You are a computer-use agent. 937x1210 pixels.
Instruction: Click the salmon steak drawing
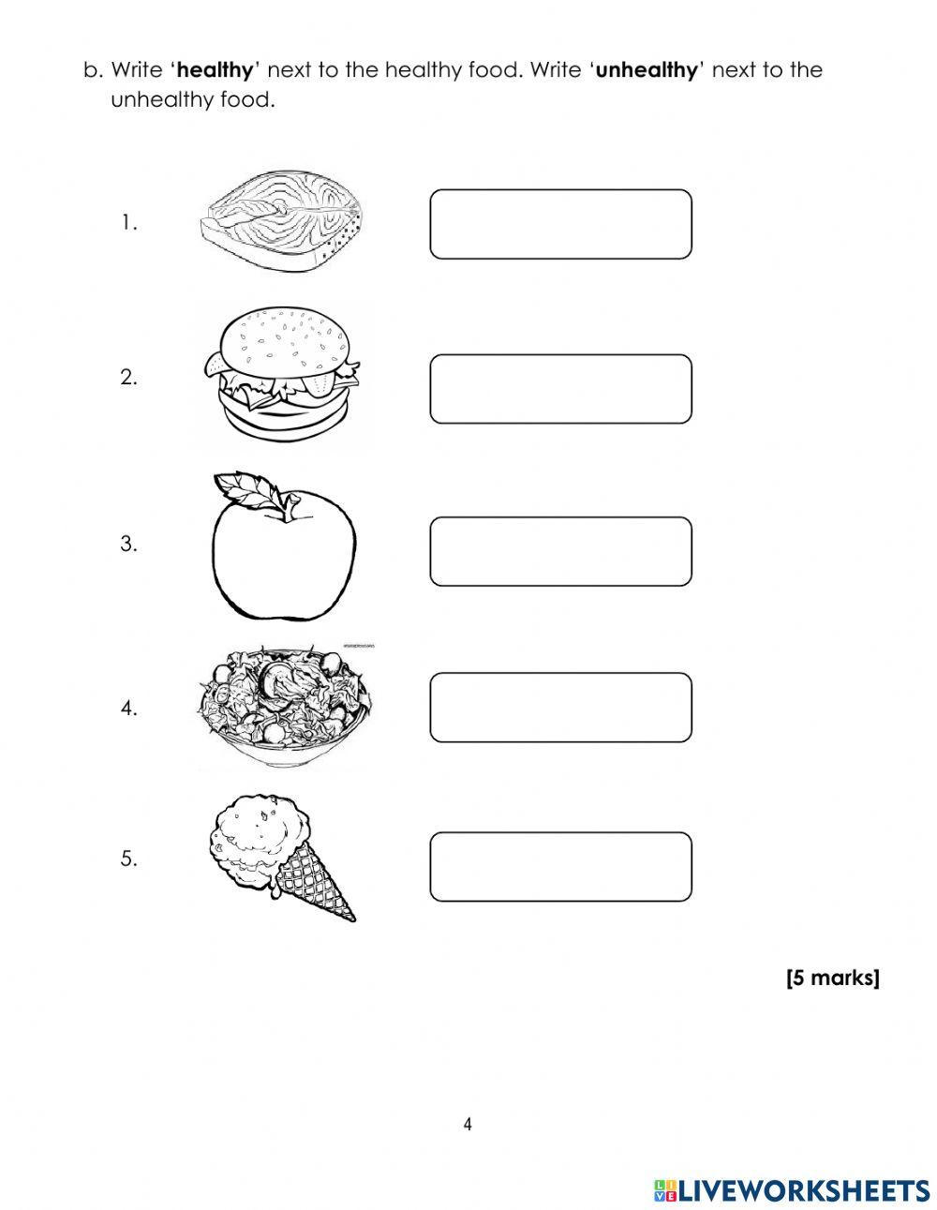[282, 224]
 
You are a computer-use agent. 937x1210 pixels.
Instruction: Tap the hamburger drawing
[283, 375]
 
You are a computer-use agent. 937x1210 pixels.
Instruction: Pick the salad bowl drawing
[284, 708]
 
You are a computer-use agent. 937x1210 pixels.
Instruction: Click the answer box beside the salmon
[560, 224]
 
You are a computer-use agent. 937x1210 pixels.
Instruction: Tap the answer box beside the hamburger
[560, 388]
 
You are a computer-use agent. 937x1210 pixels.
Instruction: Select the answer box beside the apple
[560, 551]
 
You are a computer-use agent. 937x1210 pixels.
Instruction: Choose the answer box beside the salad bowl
[560, 707]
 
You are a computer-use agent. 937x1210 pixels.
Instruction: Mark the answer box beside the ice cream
[560, 867]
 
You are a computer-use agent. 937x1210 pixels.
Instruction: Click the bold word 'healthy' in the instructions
[215, 70]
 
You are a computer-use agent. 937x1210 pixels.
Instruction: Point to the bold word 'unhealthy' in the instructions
[647, 70]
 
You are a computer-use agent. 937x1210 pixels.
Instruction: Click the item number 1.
[128, 223]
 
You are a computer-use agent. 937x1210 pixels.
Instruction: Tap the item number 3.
[128, 544]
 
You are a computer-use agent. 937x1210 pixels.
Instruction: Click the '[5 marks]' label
[832, 978]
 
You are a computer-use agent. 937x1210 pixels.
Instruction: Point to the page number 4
[468, 1124]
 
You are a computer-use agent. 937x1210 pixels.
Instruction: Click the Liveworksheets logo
[792, 1189]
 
